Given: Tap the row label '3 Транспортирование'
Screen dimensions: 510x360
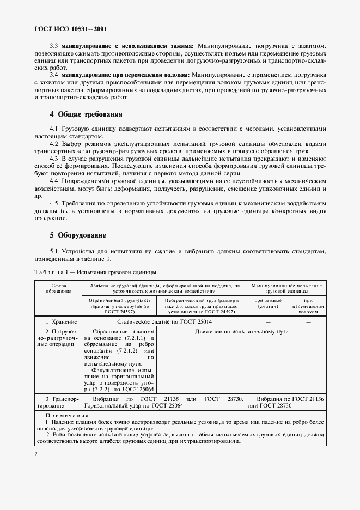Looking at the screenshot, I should tap(59, 403).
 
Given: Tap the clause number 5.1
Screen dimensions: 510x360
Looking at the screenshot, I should tap(54, 251).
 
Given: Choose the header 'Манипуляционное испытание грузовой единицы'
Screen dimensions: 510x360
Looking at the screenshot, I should tap(286, 288).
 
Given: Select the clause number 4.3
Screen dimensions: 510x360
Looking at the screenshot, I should tap(54, 158).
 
